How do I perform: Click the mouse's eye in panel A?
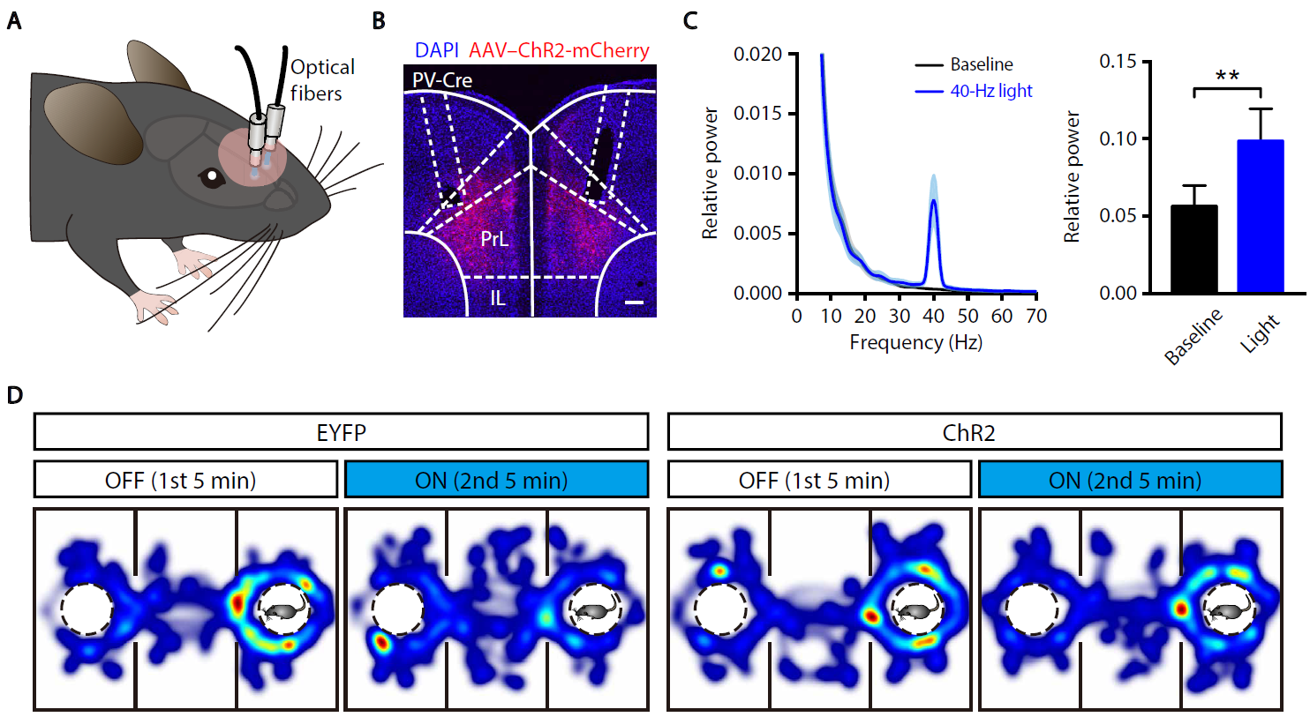pos(212,176)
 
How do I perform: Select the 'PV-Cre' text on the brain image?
pos(442,80)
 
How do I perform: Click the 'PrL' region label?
pos(494,239)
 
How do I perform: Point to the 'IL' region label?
pos(498,299)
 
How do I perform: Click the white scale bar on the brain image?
pos(634,302)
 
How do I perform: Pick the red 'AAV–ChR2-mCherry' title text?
pos(559,50)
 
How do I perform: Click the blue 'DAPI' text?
pos(436,50)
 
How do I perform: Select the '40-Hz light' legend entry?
pos(990,91)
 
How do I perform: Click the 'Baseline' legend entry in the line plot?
pos(981,64)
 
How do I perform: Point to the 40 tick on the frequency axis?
pos(933,316)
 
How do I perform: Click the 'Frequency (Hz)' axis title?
pos(915,342)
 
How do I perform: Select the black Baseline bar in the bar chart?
pos(1193,250)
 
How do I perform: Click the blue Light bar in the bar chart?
pos(1261,217)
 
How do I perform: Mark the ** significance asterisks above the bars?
pos(1227,77)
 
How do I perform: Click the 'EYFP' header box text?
pos(341,433)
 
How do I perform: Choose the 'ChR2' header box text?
pos(968,433)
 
